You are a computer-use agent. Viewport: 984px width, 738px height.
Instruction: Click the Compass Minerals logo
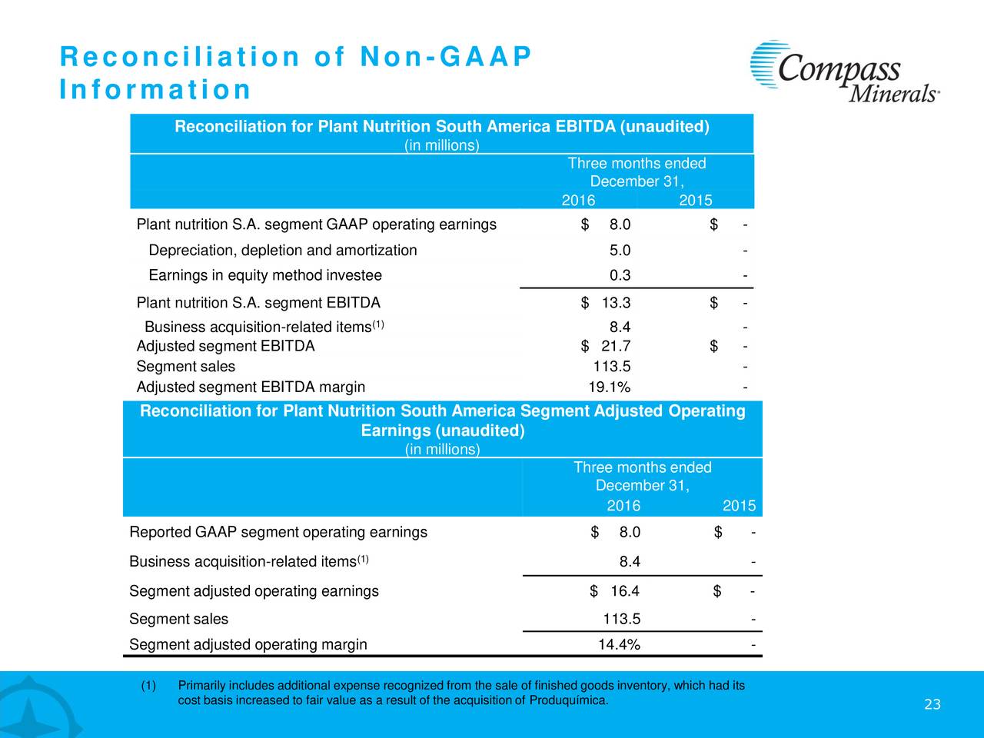click(x=845, y=71)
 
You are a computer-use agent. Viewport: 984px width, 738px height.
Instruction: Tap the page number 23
click(x=932, y=705)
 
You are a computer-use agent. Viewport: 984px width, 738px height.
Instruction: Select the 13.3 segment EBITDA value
click(x=616, y=303)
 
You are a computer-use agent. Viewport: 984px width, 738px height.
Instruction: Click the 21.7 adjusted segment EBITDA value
click(x=616, y=346)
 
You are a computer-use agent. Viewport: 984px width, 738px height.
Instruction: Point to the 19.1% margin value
click(x=609, y=387)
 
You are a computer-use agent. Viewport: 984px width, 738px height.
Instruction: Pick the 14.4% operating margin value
click(x=619, y=644)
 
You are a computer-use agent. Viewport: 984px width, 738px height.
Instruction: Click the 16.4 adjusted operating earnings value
click(x=625, y=591)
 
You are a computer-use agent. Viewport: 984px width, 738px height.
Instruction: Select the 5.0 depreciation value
click(x=620, y=250)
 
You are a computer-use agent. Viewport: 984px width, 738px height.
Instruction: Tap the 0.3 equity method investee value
click(x=620, y=275)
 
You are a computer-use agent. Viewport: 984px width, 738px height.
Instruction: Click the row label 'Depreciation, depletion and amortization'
click(x=283, y=250)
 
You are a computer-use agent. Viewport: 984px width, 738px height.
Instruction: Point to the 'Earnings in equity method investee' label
click(x=265, y=275)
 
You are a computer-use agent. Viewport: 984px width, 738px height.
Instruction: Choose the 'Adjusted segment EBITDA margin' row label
click(x=251, y=387)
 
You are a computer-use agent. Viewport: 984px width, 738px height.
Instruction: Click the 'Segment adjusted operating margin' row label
click(x=248, y=644)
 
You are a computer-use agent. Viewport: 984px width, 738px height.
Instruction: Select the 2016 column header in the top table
click(x=578, y=201)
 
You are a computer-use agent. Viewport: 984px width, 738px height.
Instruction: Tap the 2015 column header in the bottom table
click(x=740, y=506)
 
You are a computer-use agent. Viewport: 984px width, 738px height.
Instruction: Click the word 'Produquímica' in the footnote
click(x=568, y=700)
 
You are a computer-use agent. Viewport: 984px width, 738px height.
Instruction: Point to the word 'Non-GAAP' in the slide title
click(x=446, y=57)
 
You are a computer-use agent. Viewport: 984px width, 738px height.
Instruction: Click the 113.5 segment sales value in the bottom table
click(x=622, y=619)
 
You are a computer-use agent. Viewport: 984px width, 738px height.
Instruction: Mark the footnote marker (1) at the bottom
click(x=148, y=686)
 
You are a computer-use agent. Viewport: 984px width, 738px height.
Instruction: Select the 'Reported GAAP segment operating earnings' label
click(x=278, y=532)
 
